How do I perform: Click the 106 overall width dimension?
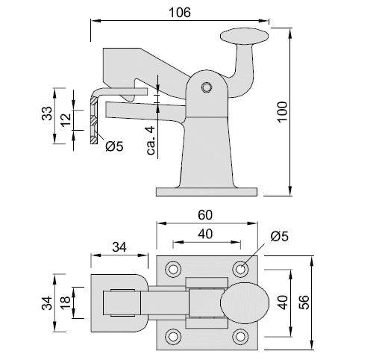pyautogui.click(x=180, y=13)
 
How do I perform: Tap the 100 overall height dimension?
pyautogui.click(x=283, y=112)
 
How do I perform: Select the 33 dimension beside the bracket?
pyautogui.click(x=47, y=114)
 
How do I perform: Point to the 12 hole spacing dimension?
pyautogui.click(x=66, y=120)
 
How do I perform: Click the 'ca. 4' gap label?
pyautogui.click(x=151, y=140)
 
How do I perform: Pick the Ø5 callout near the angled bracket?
pyautogui.click(x=114, y=146)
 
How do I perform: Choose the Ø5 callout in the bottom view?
pyautogui.click(x=280, y=236)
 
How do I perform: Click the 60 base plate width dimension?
pyautogui.click(x=205, y=215)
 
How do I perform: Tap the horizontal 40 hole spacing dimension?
pyautogui.click(x=205, y=234)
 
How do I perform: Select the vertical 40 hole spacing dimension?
pyautogui.click(x=283, y=302)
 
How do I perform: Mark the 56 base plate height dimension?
pyautogui.click(x=304, y=302)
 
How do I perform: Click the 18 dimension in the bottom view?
pyautogui.click(x=66, y=302)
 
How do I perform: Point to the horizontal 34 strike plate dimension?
pyautogui.click(x=119, y=247)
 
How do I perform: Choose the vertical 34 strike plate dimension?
pyautogui.click(x=47, y=302)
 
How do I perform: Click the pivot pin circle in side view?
pyautogui.click(x=207, y=87)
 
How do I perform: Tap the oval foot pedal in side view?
pyautogui.click(x=245, y=36)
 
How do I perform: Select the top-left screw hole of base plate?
pyautogui.click(x=173, y=269)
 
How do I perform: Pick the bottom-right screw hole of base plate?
pyautogui.click(x=240, y=336)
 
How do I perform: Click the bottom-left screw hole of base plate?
pyautogui.click(x=173, y=336)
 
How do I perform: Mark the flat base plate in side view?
pyautogui.click(x=207, y=192)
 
